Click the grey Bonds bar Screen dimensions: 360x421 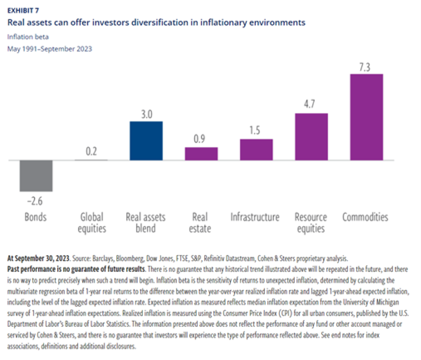pos(36,176)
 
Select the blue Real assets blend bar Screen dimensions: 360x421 pos(146,141)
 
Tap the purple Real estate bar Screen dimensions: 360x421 pos(201,154)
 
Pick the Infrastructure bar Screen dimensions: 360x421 pos(256,150)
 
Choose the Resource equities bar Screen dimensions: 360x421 pos(312,137)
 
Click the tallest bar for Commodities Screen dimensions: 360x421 pos(367,117)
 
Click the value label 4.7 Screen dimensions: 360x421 pos(309,104)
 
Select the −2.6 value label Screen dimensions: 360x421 pos(35,201)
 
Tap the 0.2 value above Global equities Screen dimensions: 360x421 pos(91,152)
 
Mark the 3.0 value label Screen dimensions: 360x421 pos(146,114)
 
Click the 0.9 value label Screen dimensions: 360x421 pos(200,139)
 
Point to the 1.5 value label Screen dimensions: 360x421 pos(255,130)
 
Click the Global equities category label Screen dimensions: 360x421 pos(92,223)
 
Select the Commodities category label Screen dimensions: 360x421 pos(365,217)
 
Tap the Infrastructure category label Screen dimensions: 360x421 pos(255,217)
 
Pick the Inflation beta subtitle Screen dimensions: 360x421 pos(28,37)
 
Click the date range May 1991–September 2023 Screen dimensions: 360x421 pos(49,49)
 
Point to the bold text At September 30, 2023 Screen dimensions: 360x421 pos(39,259)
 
